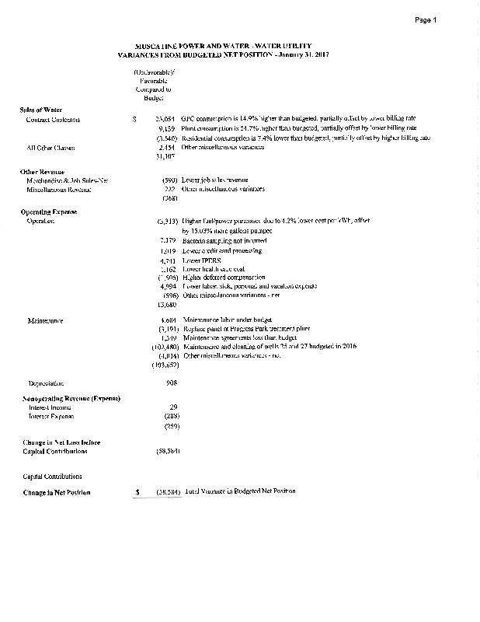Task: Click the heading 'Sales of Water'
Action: point(41,110)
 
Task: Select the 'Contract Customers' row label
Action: point(53,120)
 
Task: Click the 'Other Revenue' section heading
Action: point(42,171)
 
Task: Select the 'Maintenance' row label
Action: point(44,320)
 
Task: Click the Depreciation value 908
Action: point(172,383)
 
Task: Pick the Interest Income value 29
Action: point(174,407)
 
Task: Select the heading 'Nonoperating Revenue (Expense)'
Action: point(71,398)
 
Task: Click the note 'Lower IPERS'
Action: point(201,260)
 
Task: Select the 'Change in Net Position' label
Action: point(57,492)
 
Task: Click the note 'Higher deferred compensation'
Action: point(221,278)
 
